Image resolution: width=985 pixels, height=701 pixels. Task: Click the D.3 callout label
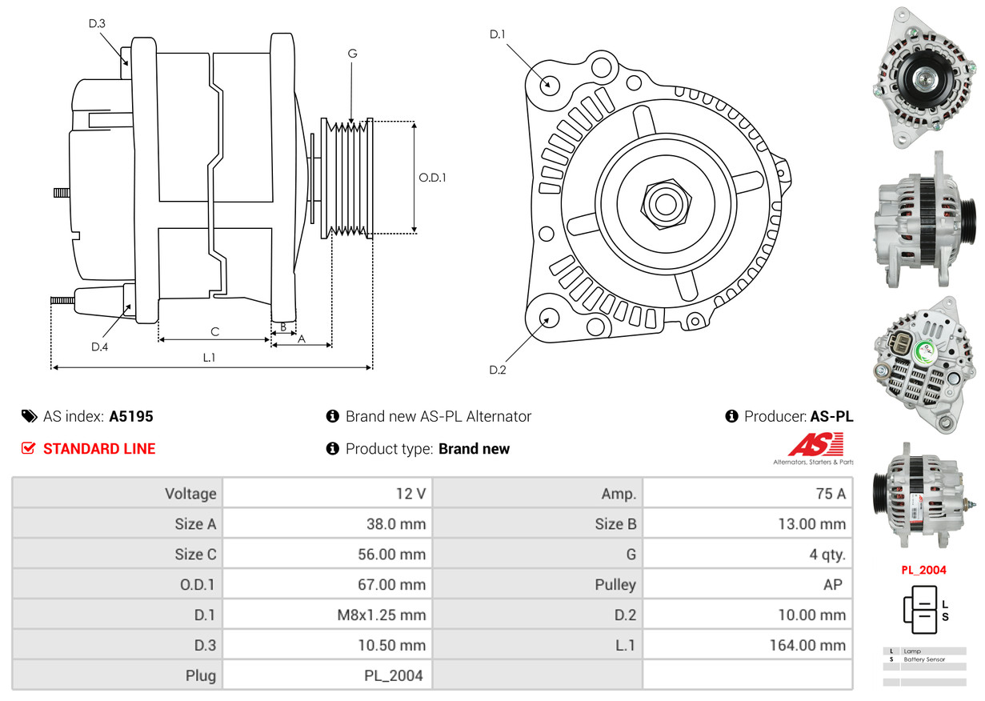pos(97,23)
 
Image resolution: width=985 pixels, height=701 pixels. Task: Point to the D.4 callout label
pos(99,346)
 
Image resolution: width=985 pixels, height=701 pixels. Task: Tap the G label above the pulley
pos(352,54)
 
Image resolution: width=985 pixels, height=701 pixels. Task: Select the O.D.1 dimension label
pos(432,178)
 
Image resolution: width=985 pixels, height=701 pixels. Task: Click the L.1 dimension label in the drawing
pos(209,358)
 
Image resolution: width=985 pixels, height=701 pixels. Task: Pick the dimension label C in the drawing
pos(214,331)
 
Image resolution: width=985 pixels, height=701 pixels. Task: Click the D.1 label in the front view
pos(498,34)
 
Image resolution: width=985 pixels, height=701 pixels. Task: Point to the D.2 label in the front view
pos(498,370)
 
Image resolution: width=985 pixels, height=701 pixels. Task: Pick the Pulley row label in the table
pos(615,585)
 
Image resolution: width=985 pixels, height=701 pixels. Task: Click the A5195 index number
pos(131,416)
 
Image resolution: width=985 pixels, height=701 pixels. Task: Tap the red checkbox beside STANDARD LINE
pos(28,449)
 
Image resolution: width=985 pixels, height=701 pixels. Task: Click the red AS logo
pos(815,444)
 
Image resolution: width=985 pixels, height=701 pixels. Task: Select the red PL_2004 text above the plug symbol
pos(923,571)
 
